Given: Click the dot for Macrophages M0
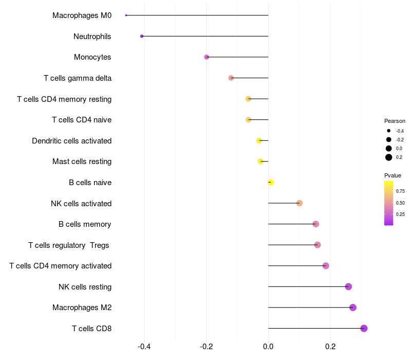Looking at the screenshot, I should click(x=126, y=15).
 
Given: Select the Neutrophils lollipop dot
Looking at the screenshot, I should click(x=142, y=36).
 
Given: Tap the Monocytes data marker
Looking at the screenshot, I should click(x=207, y=57).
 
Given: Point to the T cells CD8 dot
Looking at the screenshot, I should click(x=364, y=328).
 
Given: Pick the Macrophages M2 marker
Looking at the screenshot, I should click(x=352, y=308).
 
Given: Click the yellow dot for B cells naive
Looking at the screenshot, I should click(x=271, y=182).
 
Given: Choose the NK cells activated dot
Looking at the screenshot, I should click(x=300, y=203).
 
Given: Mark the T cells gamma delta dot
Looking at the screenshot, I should click(x=231, y=78).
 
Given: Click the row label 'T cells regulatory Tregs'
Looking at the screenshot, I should click(x=69, y=245).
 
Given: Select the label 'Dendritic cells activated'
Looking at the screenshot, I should click(x=71, y=141).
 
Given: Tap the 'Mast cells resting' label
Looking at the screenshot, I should click(x=82, y=161).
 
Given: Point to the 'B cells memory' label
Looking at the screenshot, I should click(x=85, y=224).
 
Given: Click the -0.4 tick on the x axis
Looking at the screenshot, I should click(x=144, y=347).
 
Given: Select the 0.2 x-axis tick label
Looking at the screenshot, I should click(x=330, y=347).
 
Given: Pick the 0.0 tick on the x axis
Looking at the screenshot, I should click(x=268, y=347).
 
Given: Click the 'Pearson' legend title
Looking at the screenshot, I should click(x=395, y=121).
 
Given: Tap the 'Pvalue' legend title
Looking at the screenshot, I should click(x=393, y=175).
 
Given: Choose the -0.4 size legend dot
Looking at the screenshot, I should click(x=389, y=131).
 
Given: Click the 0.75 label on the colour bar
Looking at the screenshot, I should click(x=400, y=191).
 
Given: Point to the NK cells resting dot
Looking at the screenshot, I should click(x=348, y=286).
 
